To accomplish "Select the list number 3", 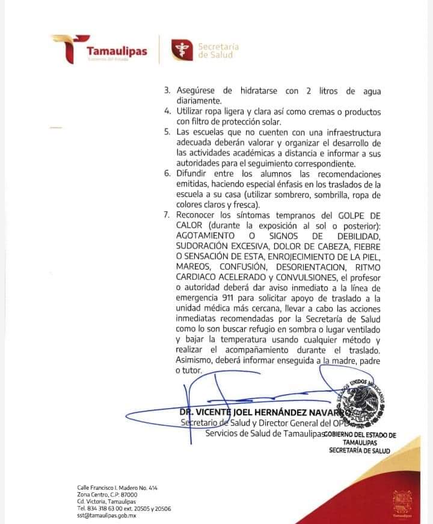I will [x=167, y=91].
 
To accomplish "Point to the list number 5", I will [x=167, y=132].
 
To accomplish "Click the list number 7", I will [x=167, y=215].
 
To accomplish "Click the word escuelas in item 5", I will [x=210, y=132].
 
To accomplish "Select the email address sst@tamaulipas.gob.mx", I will [x=106, y=515].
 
